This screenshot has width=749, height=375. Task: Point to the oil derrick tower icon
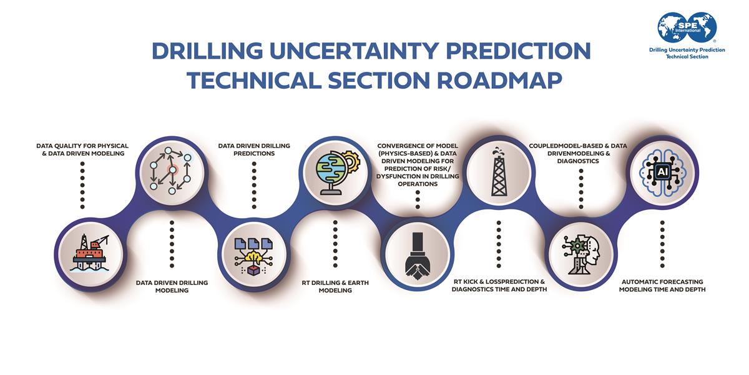point(499,172)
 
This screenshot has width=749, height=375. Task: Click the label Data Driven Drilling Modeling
point(172,286)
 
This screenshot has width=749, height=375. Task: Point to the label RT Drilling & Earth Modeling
point(335,286)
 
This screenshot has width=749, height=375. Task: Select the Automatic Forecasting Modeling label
point(662,286)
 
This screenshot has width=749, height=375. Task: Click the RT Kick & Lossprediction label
point(499,286)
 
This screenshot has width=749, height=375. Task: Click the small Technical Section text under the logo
point(687,56)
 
